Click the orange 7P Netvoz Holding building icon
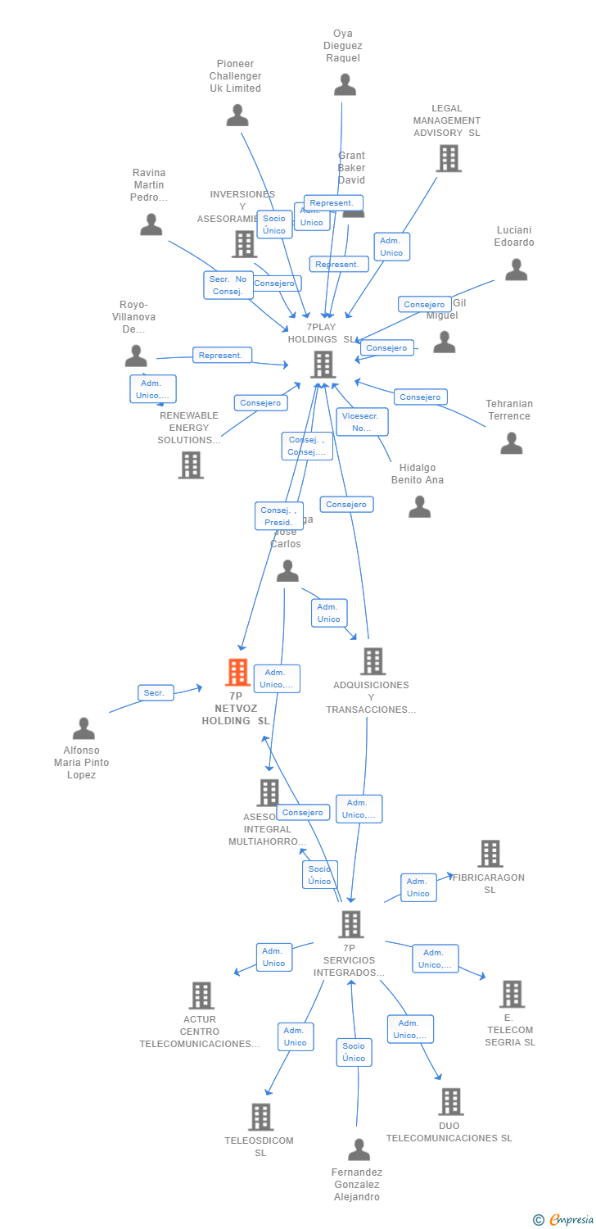tap(237, 672)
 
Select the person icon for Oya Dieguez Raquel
tap(345, 84)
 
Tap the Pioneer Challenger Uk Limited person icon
tap(237, 115)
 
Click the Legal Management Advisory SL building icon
tap(449, 158)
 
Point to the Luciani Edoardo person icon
tap(516, 270)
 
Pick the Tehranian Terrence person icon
tap(512, 443)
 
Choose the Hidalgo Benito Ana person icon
tap(419, 507)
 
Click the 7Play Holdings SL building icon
tap(323, 364)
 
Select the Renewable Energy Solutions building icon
tap(191, 465)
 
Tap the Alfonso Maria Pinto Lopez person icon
tap(84, 728)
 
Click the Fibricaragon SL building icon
tap(490, 853)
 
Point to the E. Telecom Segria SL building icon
tap(512, 993)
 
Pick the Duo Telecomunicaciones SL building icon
tap(450, 1101)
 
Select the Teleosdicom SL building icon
tap(260, 1116)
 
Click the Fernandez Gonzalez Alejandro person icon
tap(359, 1150)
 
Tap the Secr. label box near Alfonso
tap(155, 693)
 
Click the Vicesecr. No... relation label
tap(362, 422)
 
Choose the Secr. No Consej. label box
tap(228, 285)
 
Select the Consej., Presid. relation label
tap(278, 516)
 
